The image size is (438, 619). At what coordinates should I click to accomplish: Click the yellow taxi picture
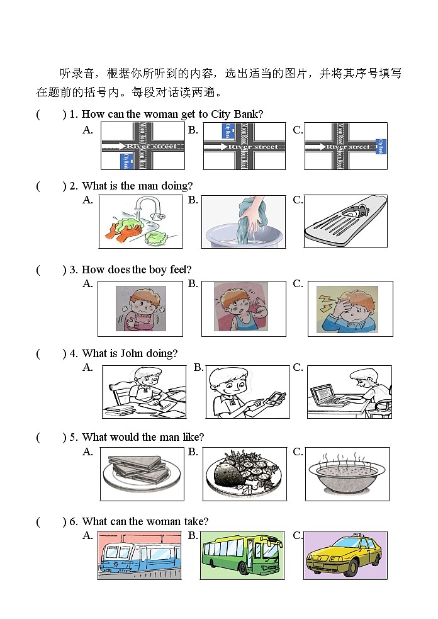tap(345, 555)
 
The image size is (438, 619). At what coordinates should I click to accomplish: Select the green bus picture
tap(242, 555)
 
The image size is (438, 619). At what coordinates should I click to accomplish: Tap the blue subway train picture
tap(140, 555)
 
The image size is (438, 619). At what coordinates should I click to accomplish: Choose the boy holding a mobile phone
tap(247, 392)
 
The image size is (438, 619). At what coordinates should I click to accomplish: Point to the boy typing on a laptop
tap(349, 392)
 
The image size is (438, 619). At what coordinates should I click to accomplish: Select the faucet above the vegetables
tap(148, 206)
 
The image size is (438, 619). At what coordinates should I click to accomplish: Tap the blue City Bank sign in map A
tap(126, 161)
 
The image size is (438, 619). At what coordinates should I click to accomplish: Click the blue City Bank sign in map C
tap(380, 146)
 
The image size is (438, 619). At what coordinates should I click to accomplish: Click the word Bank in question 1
tap(247, 114)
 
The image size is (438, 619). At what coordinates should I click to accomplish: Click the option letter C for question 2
tap(298, 200)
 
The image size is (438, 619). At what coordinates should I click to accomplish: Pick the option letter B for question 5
tap(193, 451)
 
